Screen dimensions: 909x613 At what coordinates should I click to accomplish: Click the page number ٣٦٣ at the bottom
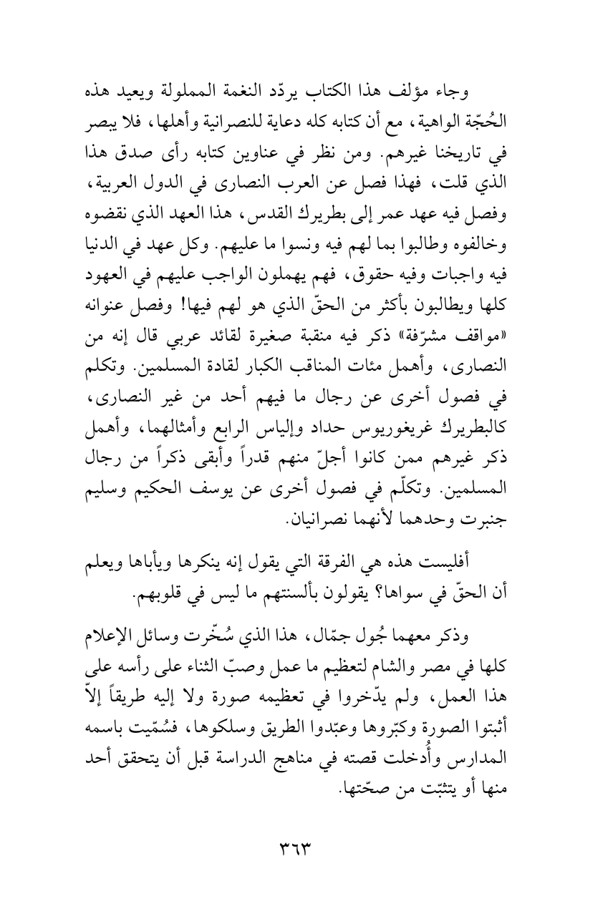(306, 845)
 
